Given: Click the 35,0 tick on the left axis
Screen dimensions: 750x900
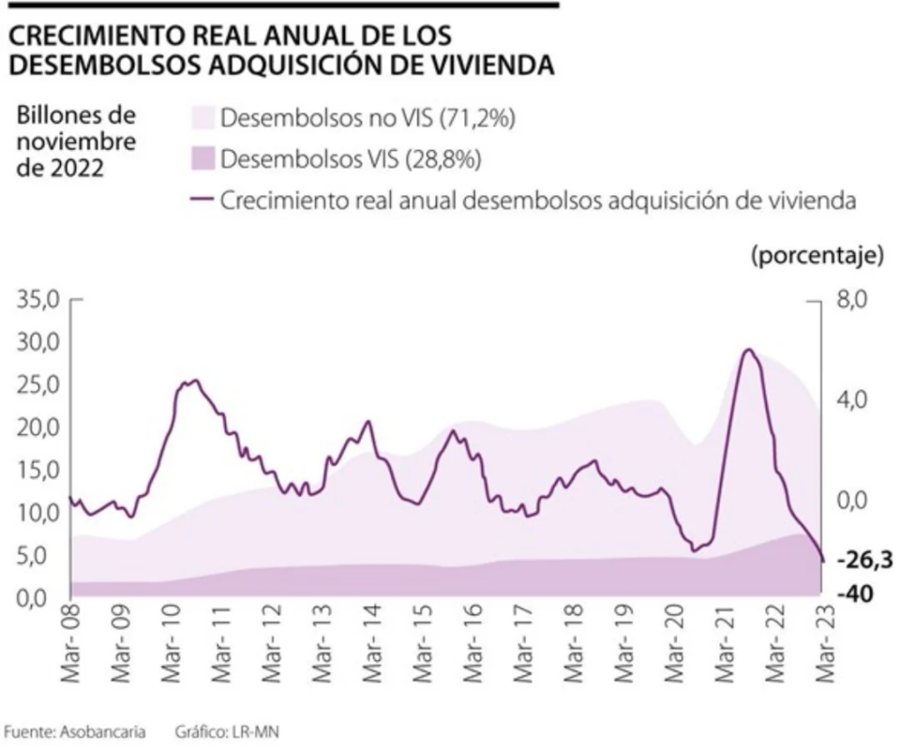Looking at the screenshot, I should (x=37, y=300).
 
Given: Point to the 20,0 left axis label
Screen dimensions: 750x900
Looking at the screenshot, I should (x=37, y=427).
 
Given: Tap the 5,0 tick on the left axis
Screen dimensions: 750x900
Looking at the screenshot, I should (x=37, y=555).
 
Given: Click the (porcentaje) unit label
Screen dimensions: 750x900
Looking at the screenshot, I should (x=817, y=255).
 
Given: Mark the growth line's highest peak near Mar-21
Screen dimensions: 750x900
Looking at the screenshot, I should (x=747, y=350).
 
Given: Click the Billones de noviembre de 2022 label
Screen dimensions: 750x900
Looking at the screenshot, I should (x=75, y=142).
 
